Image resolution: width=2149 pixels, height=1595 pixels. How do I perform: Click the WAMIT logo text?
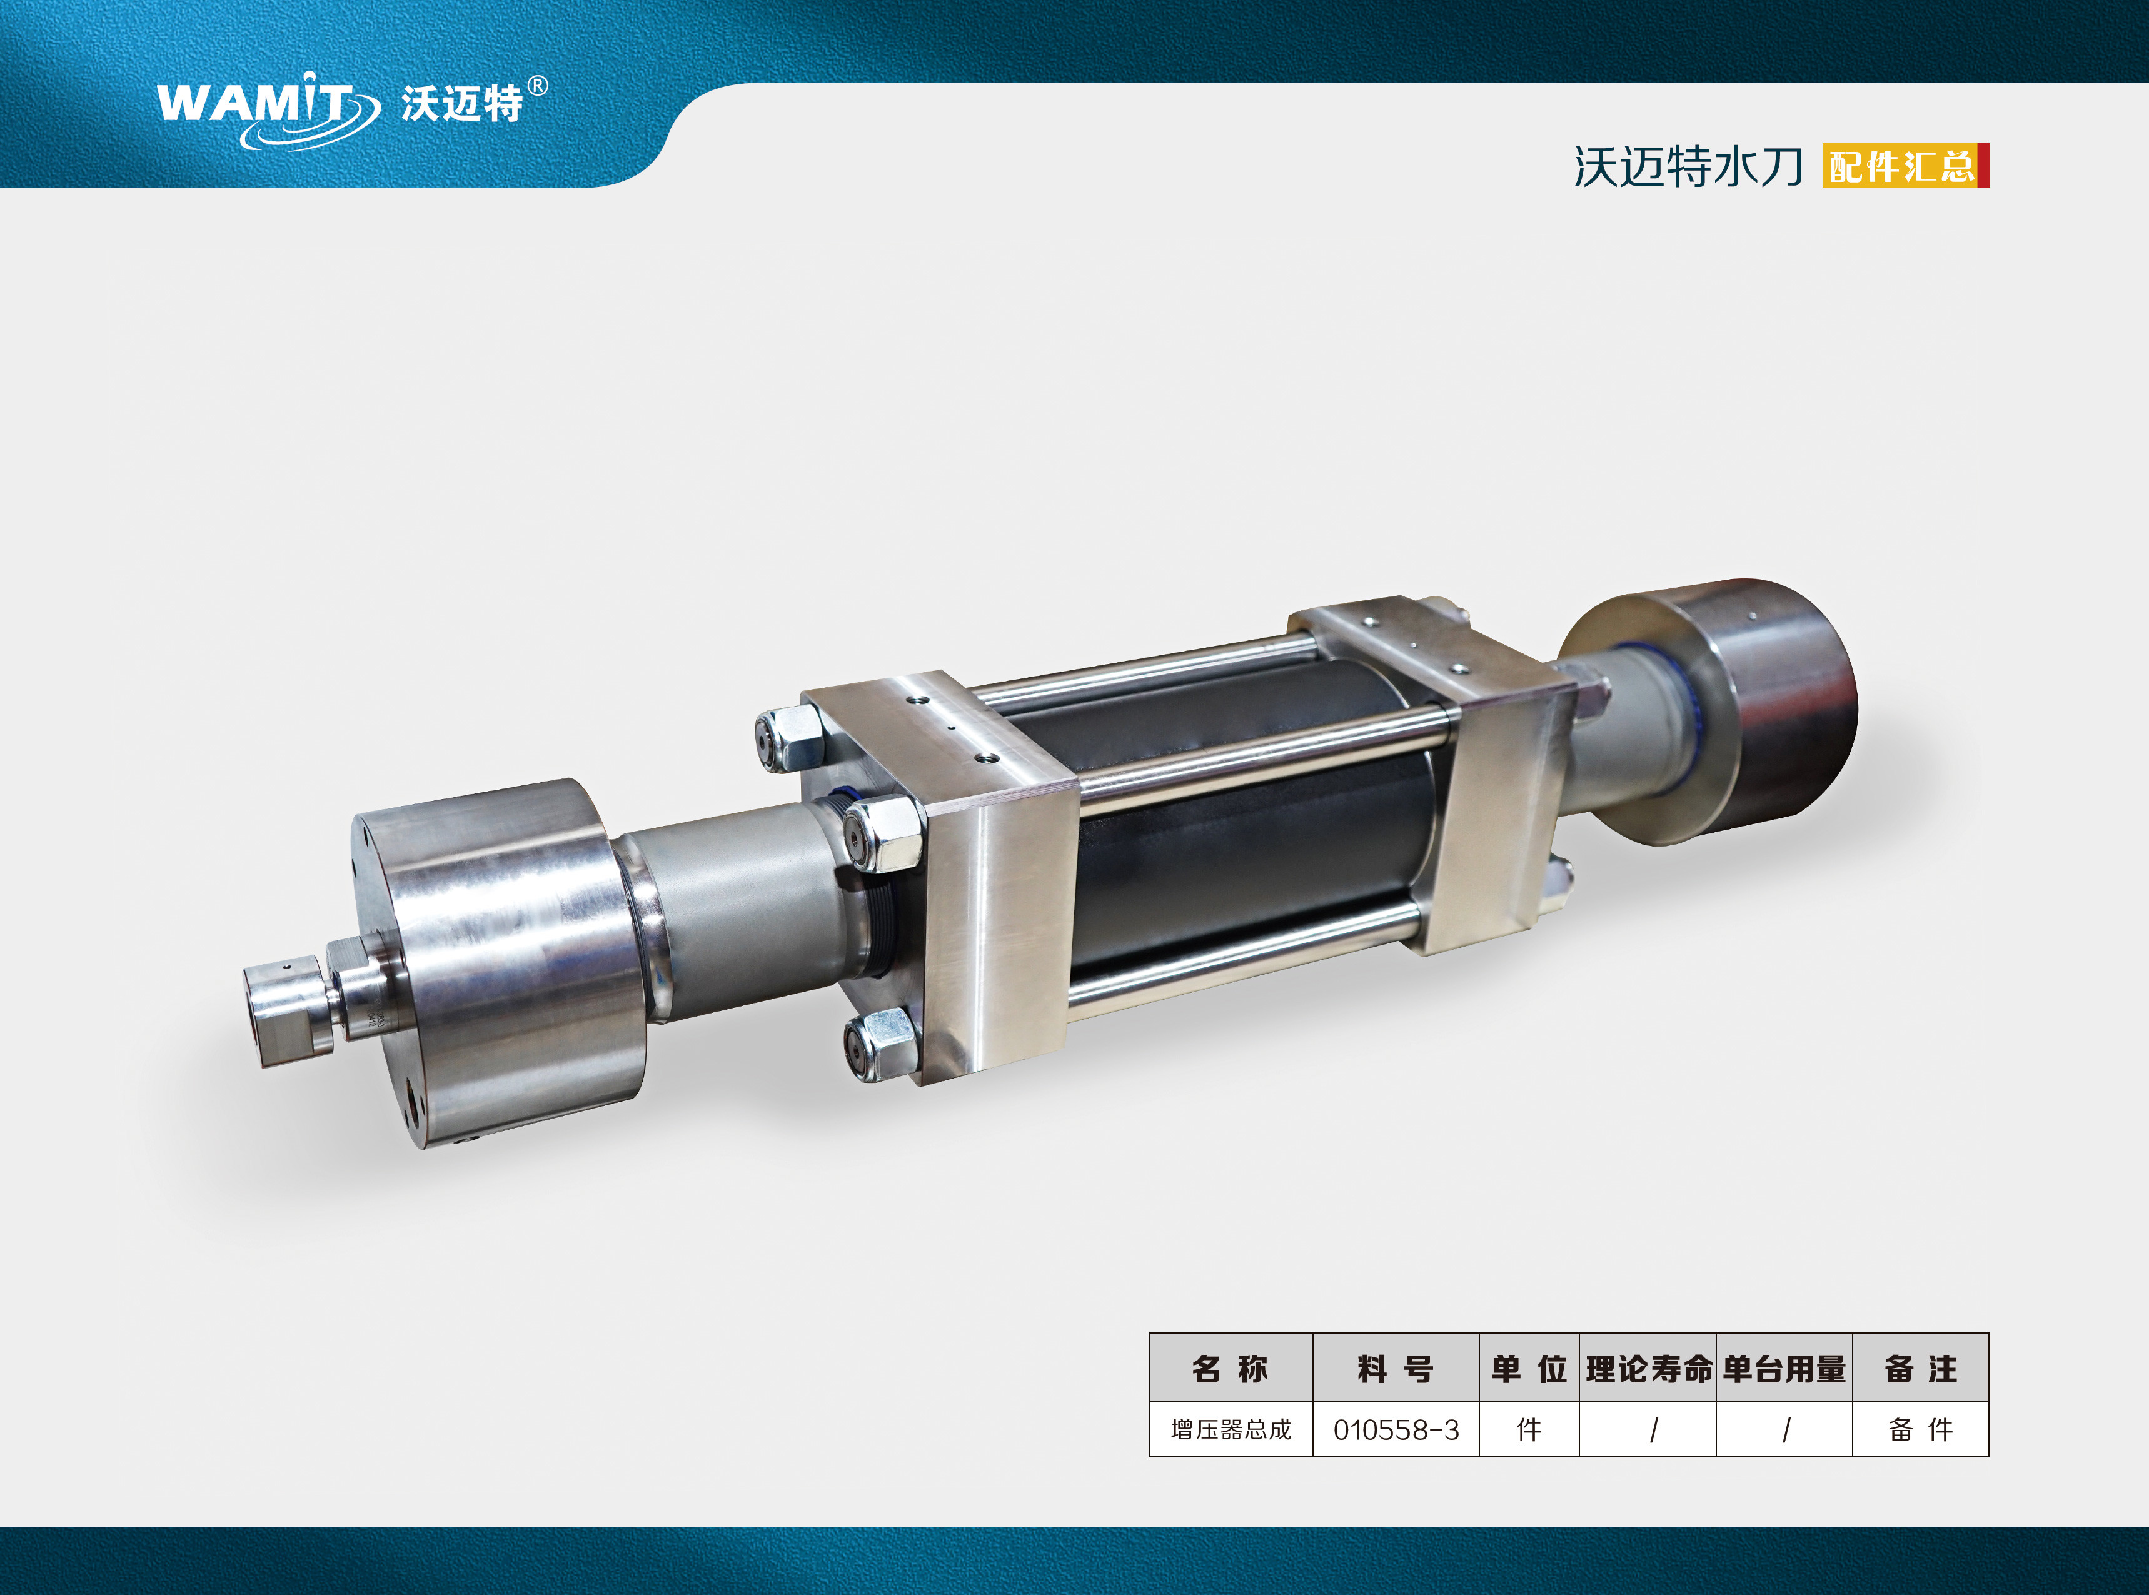[256, 103]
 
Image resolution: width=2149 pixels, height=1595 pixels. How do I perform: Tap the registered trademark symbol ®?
[538, 86]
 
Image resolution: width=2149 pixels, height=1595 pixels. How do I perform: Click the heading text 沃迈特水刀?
[1688, 167]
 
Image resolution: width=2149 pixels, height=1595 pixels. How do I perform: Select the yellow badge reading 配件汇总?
[1902, 166]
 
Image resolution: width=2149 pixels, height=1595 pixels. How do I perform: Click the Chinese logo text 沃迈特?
[461, 103]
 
